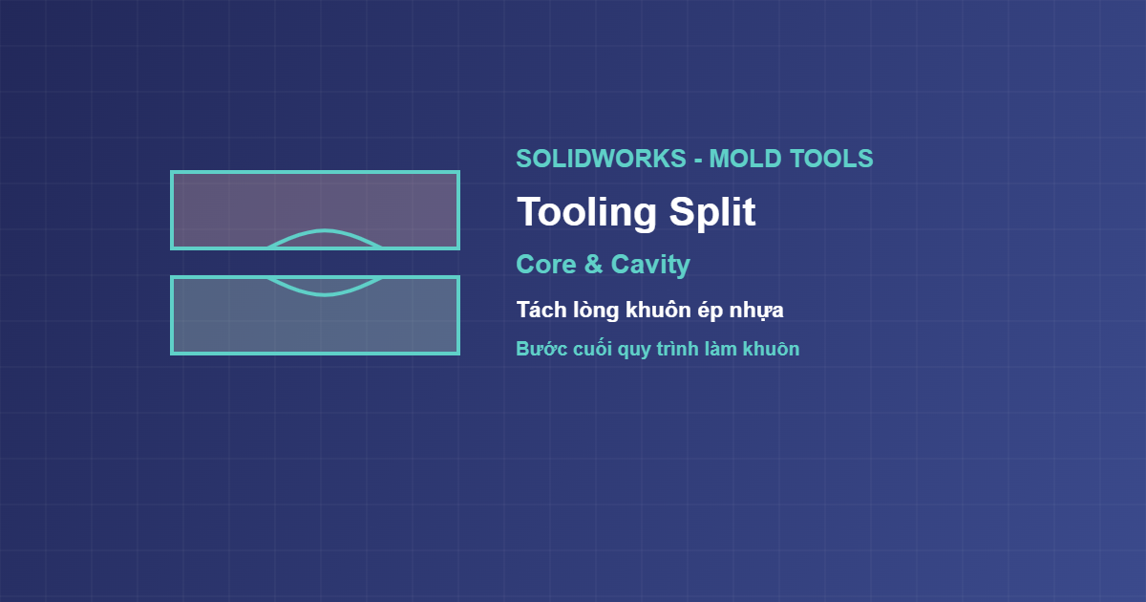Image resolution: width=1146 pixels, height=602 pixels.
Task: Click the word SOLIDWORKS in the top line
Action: [601, 159]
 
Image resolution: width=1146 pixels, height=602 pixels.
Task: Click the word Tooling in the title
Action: [586, 213]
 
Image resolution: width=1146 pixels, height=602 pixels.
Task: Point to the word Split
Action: [712, 212]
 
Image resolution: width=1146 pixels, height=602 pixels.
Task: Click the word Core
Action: [546, 265]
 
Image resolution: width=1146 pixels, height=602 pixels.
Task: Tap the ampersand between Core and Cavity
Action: [593, 265]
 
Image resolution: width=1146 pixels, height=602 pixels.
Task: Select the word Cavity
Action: [650, 266]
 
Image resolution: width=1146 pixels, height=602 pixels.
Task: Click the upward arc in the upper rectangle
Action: [324, 231]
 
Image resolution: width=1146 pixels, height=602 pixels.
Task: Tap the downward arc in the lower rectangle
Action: [324, 294]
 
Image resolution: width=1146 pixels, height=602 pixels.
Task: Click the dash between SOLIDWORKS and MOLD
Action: [698, 161]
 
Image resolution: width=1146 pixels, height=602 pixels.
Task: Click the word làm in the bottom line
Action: [721, 349]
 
